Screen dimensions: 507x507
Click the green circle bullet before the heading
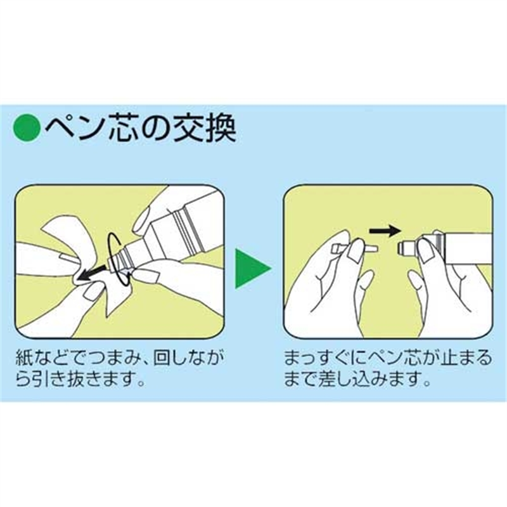pyautogui.click(x=26, y=128)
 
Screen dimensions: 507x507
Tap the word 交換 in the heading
pyautogui.click(x=204, y=128)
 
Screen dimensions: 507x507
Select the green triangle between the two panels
pyautogui.click(x=252, y=268)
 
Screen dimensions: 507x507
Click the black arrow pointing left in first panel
pyautogui.click(x=93, y=272)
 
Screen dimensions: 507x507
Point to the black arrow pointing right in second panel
pyautogui.click(x=385, y=231)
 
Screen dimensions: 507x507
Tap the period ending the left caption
pyautogui.click(x=141, y=383)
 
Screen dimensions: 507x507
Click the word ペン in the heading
pyautogui.click(x=74, y=128)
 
